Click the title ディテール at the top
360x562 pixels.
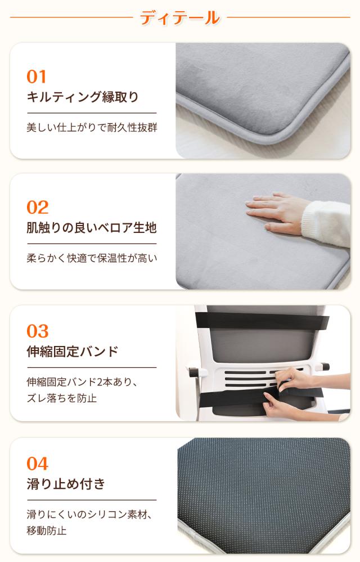179,17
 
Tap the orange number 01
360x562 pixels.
37,77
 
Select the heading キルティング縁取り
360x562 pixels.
83,97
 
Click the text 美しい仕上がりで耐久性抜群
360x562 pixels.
92,128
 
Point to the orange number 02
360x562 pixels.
38,208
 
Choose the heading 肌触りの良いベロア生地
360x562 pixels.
92,228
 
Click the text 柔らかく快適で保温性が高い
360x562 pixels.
92,259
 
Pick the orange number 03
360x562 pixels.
38,331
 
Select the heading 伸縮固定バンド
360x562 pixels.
73,352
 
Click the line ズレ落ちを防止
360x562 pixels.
62,399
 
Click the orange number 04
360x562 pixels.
38,464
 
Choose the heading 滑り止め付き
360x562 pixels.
66,484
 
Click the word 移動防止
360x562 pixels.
47,530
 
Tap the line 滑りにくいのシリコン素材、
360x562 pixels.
90,514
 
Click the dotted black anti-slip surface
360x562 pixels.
264,489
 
